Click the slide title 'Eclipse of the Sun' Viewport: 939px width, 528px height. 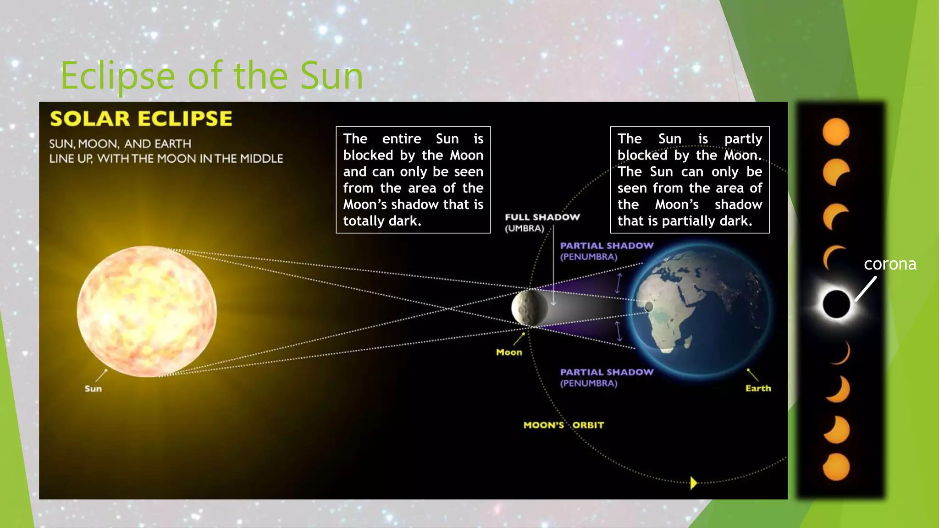coord(212,76)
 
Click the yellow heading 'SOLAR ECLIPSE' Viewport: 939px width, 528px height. coord(141,119)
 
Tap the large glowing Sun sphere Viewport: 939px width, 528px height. coord(147,312)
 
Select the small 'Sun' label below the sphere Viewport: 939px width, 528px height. coord(93,389)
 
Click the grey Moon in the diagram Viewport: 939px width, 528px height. coord(530,308)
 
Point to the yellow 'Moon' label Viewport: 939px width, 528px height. coord(509,352)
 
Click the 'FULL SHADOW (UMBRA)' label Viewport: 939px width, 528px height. coord(542,222)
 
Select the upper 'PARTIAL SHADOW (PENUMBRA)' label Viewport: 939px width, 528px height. coord(606,251)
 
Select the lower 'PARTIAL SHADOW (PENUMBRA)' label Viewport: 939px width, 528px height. coord(606,377)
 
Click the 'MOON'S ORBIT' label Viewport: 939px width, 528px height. coord(563,425)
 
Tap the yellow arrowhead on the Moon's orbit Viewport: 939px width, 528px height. coord(693,483)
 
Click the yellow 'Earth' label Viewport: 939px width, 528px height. coord(758,388)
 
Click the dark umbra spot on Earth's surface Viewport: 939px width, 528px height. coord(649,307)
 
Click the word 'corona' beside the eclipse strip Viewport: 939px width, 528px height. coord(890,264)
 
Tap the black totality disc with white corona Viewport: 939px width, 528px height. coord(836,304)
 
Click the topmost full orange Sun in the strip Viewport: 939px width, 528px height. coord(836,132)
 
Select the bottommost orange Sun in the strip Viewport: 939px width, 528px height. coord(836,467)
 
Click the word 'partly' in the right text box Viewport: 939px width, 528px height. coord(743,139)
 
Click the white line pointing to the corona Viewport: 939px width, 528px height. coord(866,289)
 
